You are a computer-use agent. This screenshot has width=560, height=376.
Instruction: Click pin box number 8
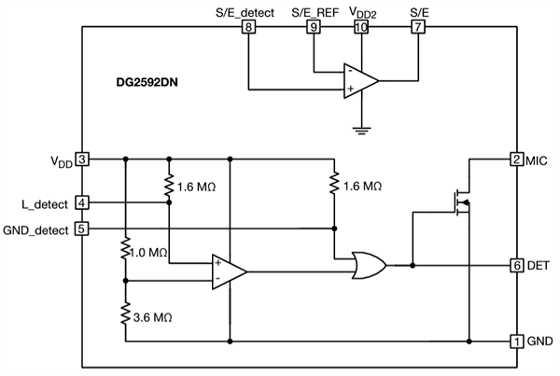[x=248, y=27]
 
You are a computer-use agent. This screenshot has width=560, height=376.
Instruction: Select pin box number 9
[x=314, y=27]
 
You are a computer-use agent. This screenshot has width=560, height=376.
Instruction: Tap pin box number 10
[x=361, y=27]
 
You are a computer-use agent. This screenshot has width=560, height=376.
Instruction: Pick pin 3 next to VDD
[x=83, y=160]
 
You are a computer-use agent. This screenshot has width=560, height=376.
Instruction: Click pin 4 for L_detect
[x=83, y=202]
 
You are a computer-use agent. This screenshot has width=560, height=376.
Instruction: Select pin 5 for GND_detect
[x=83, y=228]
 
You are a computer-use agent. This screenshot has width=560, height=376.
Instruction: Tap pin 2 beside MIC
[x=515, y=160]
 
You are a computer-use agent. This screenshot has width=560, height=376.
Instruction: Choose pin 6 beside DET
[x=515, y=265]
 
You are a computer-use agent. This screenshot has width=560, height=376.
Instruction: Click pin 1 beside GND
[x=515, y=341]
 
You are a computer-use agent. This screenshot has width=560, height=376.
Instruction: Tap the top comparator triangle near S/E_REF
[x=359, y=80]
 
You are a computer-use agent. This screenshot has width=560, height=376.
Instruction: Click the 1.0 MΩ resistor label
[x=150, y=253]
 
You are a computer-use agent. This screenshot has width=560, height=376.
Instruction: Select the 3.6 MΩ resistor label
[x=150, y=316]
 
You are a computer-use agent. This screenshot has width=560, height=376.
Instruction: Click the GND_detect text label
[x=36, y=229]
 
